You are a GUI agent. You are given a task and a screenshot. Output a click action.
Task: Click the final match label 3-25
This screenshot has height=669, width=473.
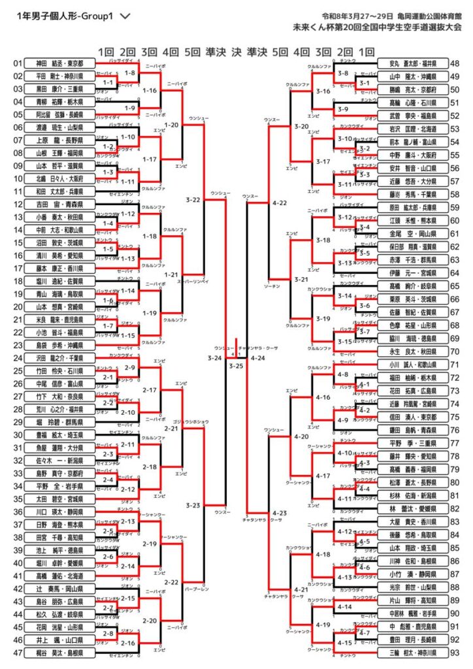[236, 365]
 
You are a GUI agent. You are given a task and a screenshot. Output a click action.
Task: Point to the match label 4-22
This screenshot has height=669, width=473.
[280, 203]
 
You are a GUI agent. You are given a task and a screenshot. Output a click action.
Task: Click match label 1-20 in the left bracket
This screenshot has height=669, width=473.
[172, 123]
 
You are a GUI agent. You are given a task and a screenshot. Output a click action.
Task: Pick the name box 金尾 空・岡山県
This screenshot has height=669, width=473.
[413, 233]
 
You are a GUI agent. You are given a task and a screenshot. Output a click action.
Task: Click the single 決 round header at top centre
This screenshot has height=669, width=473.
[236, 52]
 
